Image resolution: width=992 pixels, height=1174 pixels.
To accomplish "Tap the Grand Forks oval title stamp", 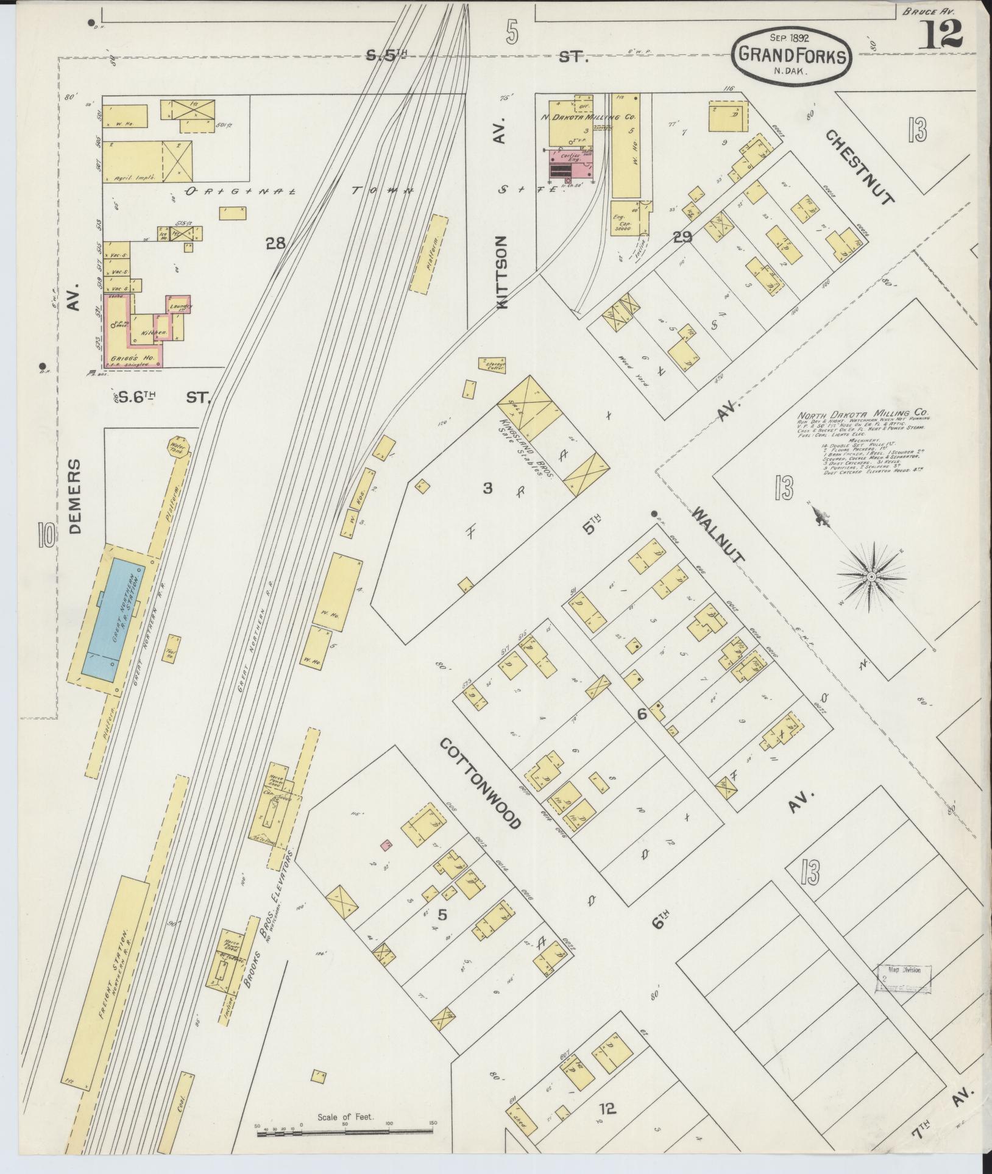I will pyautogui.click(x=792, y=55).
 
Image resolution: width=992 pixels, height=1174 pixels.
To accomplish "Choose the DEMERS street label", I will pyautogui.click(x=75, y=497).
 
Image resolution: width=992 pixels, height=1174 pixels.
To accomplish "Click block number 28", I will pyautogui.click(x=275, y=244).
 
